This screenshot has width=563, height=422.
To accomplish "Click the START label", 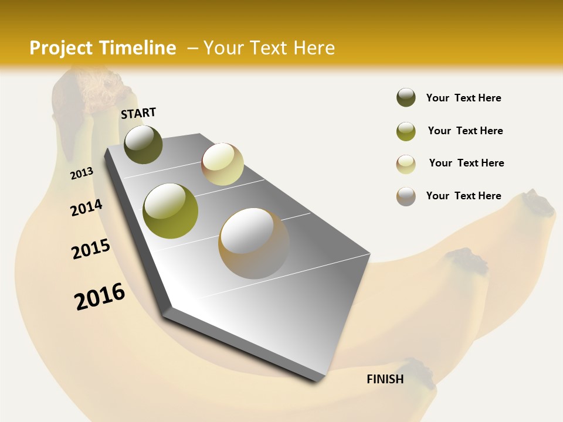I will tap(138, 113).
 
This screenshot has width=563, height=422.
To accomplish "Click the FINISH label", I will tap(385, 379).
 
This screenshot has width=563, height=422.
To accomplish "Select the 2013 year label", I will tap(82, 173).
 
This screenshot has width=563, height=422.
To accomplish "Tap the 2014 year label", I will tap(86, 208).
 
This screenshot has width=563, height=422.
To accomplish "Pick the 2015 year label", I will tap(91, 250).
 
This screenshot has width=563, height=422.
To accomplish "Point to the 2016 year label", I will tap(100, 297).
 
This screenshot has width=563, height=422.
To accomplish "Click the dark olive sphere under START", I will tap(144, 144).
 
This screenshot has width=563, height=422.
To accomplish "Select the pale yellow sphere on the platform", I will tap(222, 164).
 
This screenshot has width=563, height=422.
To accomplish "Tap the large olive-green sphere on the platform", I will tap(171, 211).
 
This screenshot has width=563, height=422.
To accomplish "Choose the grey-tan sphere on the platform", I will tap(254, 243).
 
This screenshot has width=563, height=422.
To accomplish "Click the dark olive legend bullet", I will tap(406, 98).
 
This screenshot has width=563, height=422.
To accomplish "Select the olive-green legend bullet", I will tap(406, 131).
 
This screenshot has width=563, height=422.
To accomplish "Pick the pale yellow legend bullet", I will tap(406, 164).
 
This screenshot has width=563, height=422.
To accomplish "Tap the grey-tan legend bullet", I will tap(406, 196).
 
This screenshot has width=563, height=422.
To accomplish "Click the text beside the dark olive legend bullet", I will tap(463, 98).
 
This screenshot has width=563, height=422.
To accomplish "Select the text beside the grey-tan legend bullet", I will tap(463, 196).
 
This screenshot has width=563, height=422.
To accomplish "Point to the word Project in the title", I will tap(62, 48).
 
